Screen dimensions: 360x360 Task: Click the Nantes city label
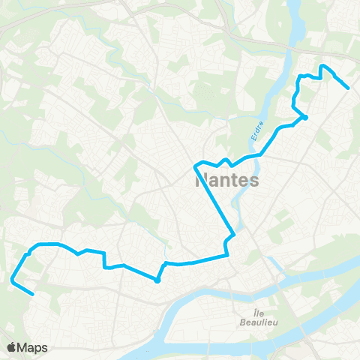(x=226, y=181)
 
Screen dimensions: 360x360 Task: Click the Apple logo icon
(x=12, y=347)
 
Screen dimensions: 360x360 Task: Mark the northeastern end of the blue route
(x=349, y=88)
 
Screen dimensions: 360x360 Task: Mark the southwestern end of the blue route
(x=32, y=295)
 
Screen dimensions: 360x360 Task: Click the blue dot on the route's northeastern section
(x=305, y=117)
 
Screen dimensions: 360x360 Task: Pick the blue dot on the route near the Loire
(x=157, y=280)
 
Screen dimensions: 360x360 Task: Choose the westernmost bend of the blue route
(x=12, y=280)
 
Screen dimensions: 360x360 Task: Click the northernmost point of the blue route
(x=323, y=66)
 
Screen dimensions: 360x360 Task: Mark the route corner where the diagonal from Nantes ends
(x=234, y=235)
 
